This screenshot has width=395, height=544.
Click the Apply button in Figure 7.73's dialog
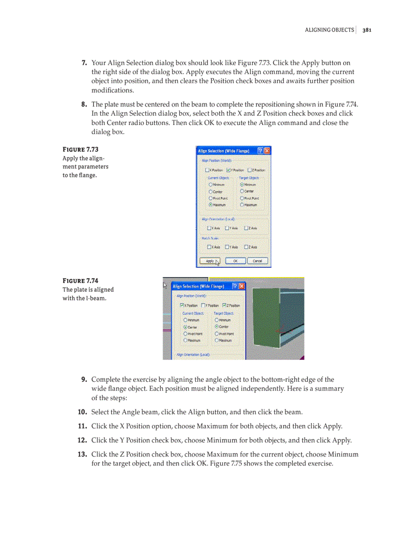pyautogui.click(x=210, y=261)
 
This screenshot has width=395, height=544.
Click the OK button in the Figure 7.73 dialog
pyautogui.click(x=235, y=261)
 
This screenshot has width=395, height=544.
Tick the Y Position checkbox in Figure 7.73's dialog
pyautogui.click(x=228, y=170)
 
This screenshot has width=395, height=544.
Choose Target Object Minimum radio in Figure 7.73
pyautogui.click(x=242, y=185)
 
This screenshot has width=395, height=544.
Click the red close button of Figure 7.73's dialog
pyautogui.click(x=267, y=151)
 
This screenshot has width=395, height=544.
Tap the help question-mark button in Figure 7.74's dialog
pyautogui.click(x=234, y=286)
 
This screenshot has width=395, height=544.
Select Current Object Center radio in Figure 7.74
pyautogui.click(x=185, y=327)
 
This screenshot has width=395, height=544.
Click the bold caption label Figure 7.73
pyautogui.click(x=80, y=150)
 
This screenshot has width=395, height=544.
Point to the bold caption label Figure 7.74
pyautogui.click(x=80, y=281)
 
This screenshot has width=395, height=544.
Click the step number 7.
pyautogui.click(x=84, y=63)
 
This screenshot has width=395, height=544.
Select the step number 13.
pyautogui.click(x=82, y=454)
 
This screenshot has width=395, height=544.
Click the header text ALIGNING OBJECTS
pyautogui.click(x=329, y=30)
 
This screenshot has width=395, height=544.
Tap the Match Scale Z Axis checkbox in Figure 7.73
pyautogui.click(x=246, y=247)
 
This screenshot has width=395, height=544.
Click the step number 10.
pyautogui.click(x=82, y=412)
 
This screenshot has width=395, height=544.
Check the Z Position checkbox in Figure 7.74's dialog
pyautogui.click(x=224, y=306)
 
